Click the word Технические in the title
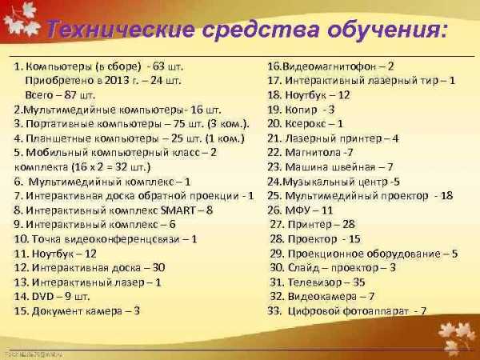coord(120,30)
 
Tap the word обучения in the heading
coord(387,30)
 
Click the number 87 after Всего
coord(70,95)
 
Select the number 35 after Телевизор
coord(358,282)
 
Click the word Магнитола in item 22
coord(313,153)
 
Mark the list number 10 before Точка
coord(22,239)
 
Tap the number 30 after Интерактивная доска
coord(159,268)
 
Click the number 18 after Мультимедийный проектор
coord(446,196)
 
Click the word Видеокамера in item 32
coord(322,297)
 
